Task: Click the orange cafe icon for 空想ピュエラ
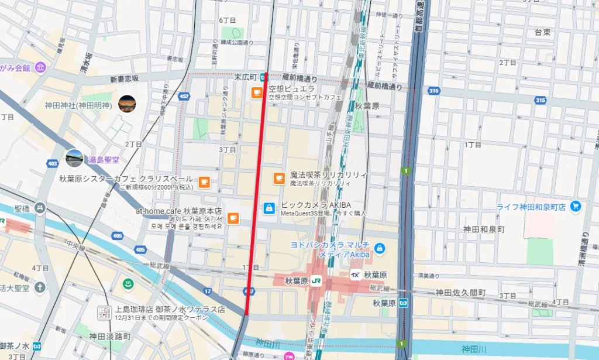[x=256, y=92]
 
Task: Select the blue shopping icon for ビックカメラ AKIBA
[x=269, y=208]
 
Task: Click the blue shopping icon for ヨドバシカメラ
[x=380, y=249]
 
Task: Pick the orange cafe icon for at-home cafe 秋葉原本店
[x=233, y=218]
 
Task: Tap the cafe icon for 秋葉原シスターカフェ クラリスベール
[x=204, y=182]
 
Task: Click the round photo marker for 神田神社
[x=127, y=104]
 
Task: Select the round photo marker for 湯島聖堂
[x=74, y=158]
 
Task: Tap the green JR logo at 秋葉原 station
[x=316, y=281]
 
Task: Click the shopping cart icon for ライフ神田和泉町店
[x=576, y=206]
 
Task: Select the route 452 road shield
[x=184, y=96]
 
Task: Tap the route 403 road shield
[x=53, y=164]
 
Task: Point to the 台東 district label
[x=542, y=33]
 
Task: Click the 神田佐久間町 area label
[x=460, y=292]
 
